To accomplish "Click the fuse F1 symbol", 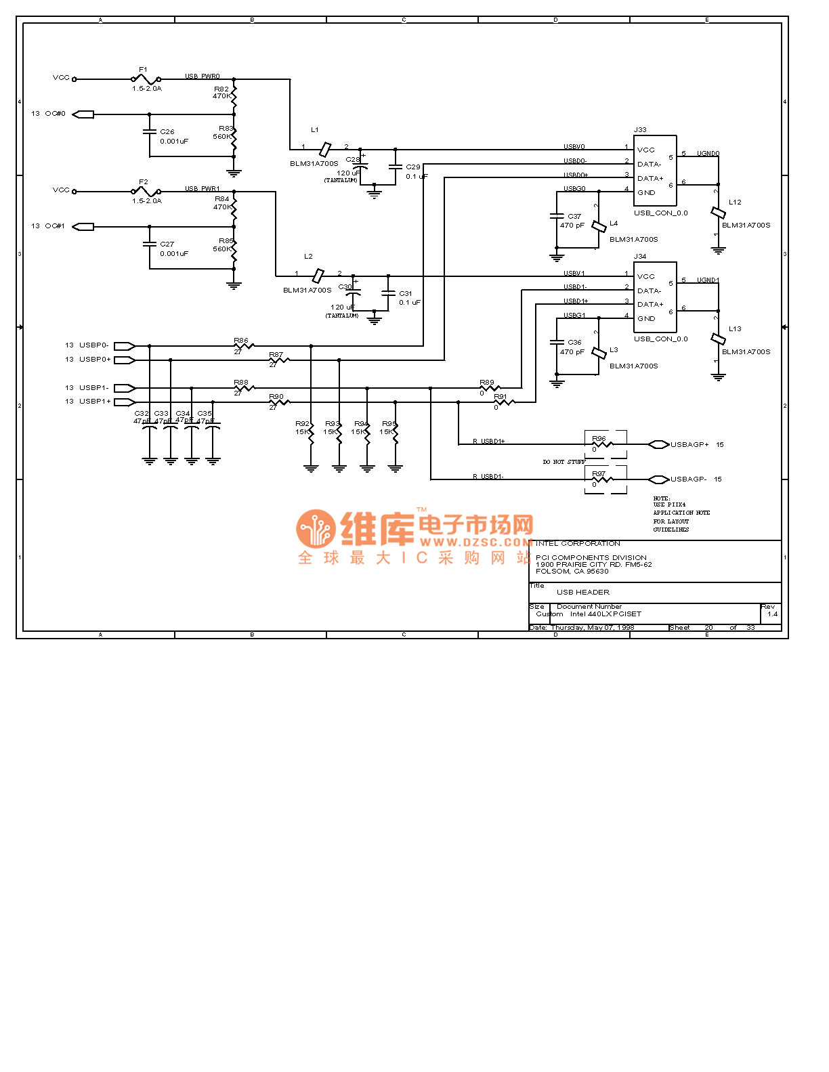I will point(146,79).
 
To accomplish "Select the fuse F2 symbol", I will point(146,192).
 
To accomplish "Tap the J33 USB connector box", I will point(655,171).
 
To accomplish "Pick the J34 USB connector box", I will point(655,297).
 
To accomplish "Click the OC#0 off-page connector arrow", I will point(83,114).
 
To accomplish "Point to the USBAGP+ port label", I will point(689,445).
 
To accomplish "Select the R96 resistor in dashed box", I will point(603,445).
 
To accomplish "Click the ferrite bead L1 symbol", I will point(325,149).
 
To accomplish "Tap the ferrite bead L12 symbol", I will point(718,213).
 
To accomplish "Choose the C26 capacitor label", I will point(167,132).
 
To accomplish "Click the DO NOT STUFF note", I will point(564,462).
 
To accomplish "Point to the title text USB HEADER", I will point(582,593).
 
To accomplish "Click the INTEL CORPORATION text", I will point(578,544).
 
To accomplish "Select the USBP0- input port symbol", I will point(125,346).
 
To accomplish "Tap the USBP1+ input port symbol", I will point(125,402).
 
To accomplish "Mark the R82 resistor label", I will point(221,89).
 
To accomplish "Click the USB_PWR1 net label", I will point(203,189).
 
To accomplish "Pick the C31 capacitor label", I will point(405,294).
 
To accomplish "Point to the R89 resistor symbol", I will point(489,388).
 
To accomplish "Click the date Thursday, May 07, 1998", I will point(593,628).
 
